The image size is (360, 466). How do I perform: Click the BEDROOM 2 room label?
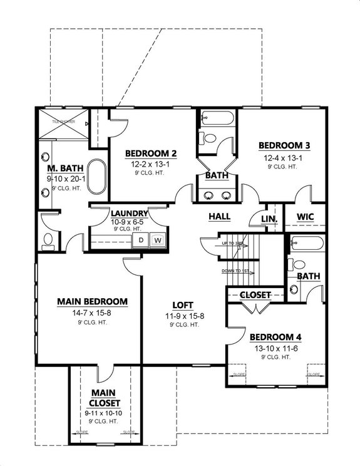(150, 153)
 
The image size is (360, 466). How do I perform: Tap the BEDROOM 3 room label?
(285, 145)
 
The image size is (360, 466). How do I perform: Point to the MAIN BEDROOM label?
(92, 301)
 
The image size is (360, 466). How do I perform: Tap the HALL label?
(219, 217)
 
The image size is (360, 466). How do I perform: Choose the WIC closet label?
(305, 217)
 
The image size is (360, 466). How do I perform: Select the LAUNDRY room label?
(128, 213)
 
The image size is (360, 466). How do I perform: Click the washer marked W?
(158, 239)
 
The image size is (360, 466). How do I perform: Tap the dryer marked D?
(141, 239)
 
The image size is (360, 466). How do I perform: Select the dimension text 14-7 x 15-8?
(92, 312)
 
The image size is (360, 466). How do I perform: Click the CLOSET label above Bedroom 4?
(254, 294)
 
